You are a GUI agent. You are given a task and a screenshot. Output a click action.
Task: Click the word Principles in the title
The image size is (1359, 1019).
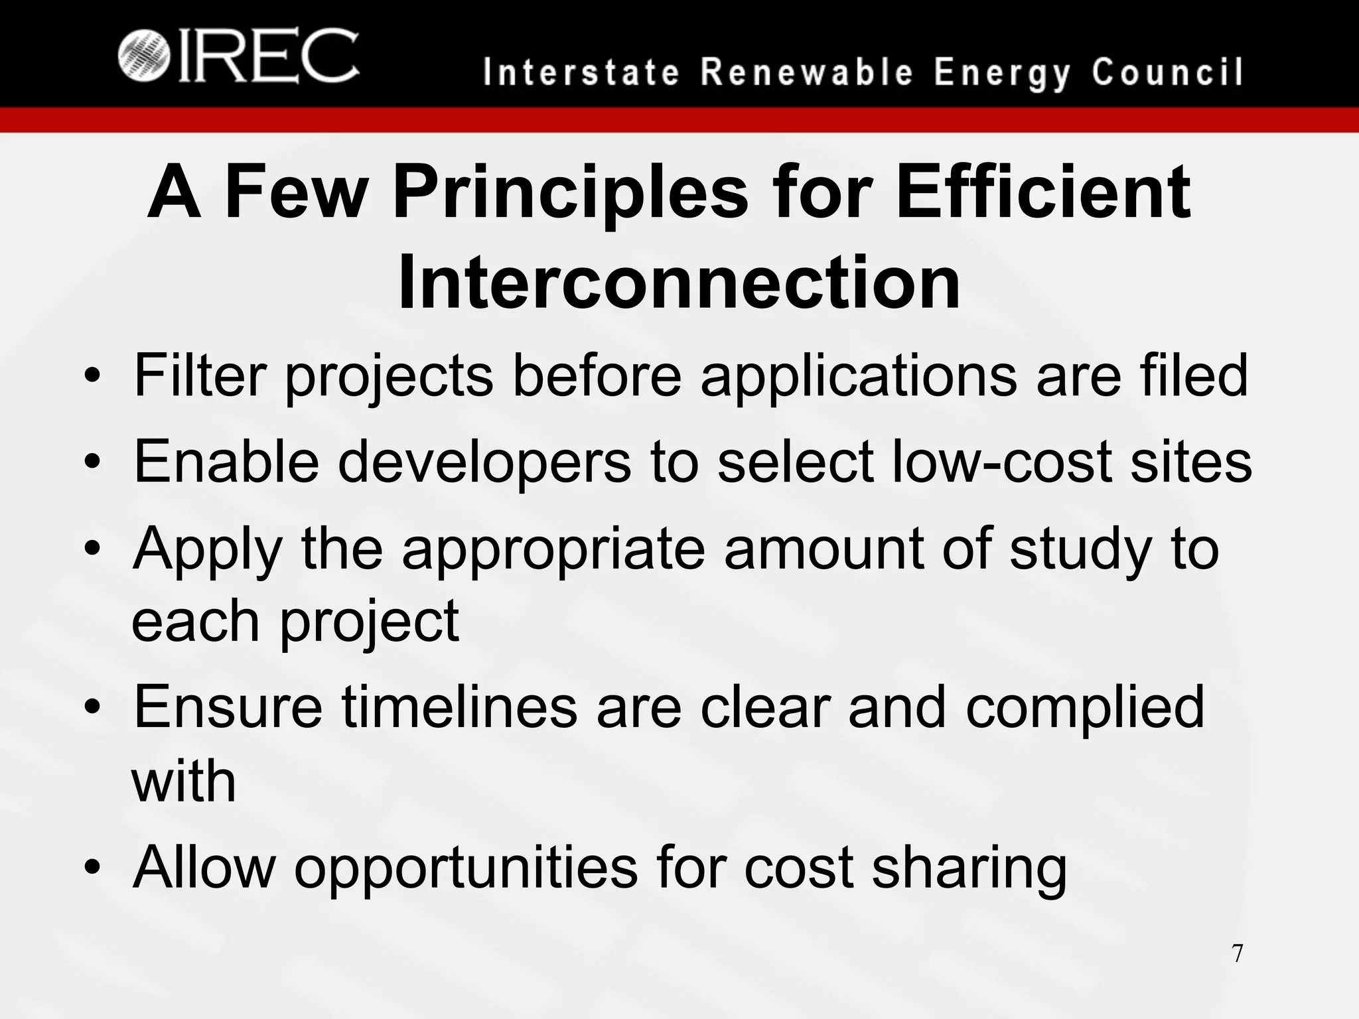(x=571, y=193)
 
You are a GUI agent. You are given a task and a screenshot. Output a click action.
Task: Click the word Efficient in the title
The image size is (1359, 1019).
(x=1042, y=193)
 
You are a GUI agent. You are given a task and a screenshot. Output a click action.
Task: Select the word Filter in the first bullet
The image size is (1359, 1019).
(x=200, y=375)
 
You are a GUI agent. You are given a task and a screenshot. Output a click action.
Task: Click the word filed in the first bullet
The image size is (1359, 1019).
(x=1194, y=375)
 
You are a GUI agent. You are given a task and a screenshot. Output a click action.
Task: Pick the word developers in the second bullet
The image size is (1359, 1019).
(x=484, y=462)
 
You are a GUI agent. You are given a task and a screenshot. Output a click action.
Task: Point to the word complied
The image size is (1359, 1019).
(x=1084, y=707)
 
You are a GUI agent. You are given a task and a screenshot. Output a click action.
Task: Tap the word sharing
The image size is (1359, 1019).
(x=969, y=869)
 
